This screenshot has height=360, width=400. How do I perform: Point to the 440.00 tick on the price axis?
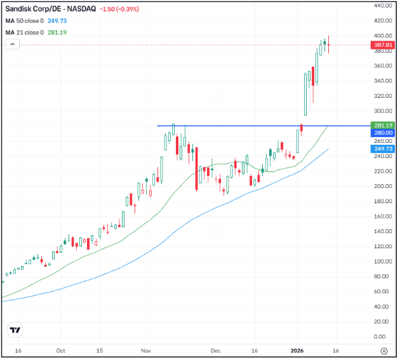pyautogui.click(x=381, y=6)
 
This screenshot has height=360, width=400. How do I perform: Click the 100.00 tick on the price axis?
pyautogui.click(x=381, y=262)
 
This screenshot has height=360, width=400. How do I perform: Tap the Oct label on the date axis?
pyautogui.click(x=61, y=350)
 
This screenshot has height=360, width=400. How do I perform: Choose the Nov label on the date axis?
pyautogui.click(x=146, y=350)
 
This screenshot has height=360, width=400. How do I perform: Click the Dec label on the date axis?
pyautogui.click(x=216, y=350)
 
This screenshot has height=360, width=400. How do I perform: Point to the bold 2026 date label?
pyautogui.click(x=298, y=350)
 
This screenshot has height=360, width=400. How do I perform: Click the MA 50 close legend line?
pyautogui.click(x=36, y=21)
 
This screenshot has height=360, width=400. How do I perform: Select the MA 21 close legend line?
pyautogui.click(x=36, y=32)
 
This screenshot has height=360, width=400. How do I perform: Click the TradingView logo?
pyautogui.click(x=15, y=330)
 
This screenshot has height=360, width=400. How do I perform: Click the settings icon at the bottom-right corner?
pyautogui.click(x=383, y=350)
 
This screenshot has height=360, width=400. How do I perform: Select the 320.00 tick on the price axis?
pyautogui.click(x=381, y=96)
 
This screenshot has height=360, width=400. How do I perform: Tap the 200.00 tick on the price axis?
pyautogui.click(x=381, y=186)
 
